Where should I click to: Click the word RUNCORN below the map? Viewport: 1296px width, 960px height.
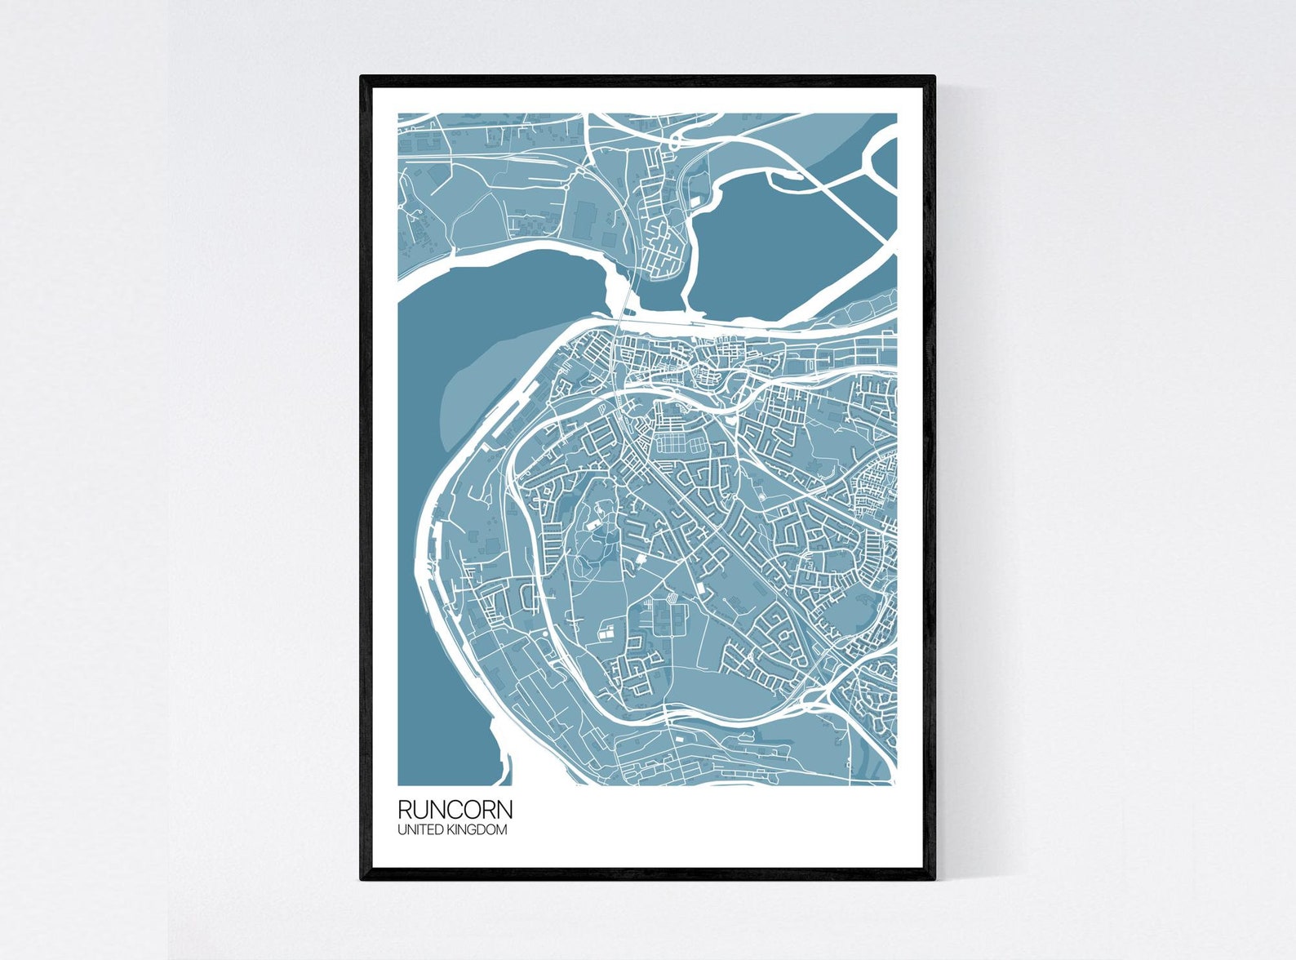point(455,810)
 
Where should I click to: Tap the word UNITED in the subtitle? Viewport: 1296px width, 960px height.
point(421,830)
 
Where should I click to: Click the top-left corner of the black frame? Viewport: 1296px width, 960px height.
point(362,78)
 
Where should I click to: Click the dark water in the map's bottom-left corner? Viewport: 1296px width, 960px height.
point(441,735)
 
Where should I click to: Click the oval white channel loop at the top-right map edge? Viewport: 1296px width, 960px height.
point(881,163)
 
